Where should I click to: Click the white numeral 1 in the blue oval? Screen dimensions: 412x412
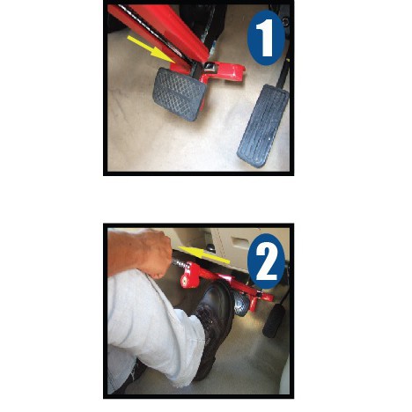point(266,38)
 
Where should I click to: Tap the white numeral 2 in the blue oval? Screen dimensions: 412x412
point(266,262)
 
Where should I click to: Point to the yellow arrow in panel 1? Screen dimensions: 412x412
point(151,49)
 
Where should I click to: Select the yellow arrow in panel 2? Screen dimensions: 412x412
point(204,254)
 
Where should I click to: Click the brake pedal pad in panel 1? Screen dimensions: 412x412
point(179,94)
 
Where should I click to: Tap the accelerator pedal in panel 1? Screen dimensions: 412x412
point(263,126)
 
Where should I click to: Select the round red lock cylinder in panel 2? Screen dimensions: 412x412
point(187,279)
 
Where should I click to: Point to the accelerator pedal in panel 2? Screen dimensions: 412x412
point(273,321)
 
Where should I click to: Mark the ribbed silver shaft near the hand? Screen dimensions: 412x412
point(180,263)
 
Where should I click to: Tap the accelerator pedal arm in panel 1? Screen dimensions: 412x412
point(283,74)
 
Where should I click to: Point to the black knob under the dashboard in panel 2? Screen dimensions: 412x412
point(210,247)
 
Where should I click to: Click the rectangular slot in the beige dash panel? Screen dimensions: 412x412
point(239,243)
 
